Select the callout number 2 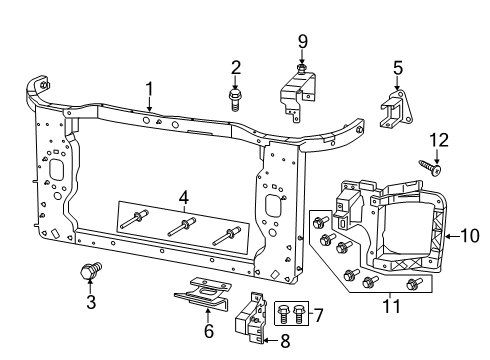(236, 67)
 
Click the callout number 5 (397, 69)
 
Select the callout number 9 (301, 43)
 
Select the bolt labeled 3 (90, 269)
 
